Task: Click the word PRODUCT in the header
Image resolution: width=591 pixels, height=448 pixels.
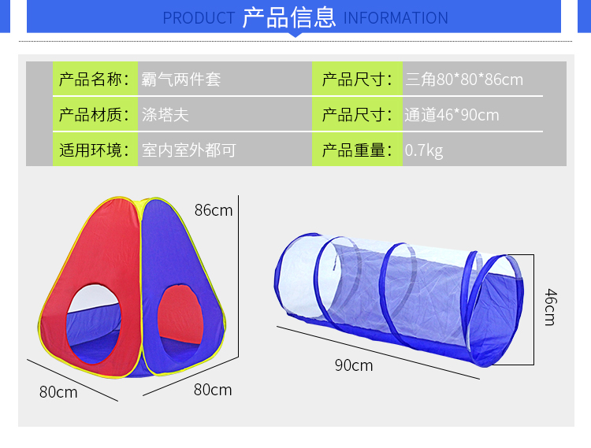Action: (199, 18)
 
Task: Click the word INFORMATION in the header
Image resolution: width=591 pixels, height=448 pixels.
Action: (396, 18)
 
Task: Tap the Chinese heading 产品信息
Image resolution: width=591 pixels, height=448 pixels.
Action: (289, 17)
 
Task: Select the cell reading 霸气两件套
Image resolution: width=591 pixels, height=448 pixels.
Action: (180, 80)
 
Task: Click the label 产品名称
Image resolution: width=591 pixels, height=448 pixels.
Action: (93, 80)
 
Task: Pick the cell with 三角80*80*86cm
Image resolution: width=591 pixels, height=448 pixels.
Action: (463, 80)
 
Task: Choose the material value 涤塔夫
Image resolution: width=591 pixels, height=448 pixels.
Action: (165, 115)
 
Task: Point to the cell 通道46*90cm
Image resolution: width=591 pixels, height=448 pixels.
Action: (452, 115)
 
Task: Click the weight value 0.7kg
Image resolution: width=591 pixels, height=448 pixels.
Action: (424, 150)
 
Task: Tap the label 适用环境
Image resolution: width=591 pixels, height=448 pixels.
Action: (93, 150)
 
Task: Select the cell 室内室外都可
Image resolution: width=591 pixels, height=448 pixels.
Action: (188, 150)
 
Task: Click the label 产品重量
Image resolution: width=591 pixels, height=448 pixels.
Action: (356, 150)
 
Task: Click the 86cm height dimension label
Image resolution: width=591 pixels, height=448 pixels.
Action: (214, 209)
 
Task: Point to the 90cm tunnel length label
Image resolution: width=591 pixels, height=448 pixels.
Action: (354, 365)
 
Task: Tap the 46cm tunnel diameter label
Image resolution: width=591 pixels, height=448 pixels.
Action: (549, 307)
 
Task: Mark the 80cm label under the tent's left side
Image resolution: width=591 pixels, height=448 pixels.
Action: (58, 391)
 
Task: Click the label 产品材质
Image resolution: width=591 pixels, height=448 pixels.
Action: (93, 115)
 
